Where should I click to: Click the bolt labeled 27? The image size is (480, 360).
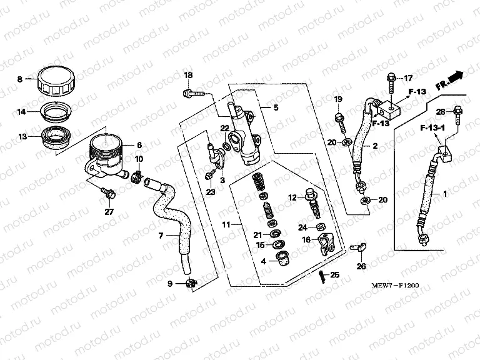[x=109, y=195]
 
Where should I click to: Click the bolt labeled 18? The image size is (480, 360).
[x=190, y=94]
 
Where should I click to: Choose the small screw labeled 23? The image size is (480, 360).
[x=210, y=176]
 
